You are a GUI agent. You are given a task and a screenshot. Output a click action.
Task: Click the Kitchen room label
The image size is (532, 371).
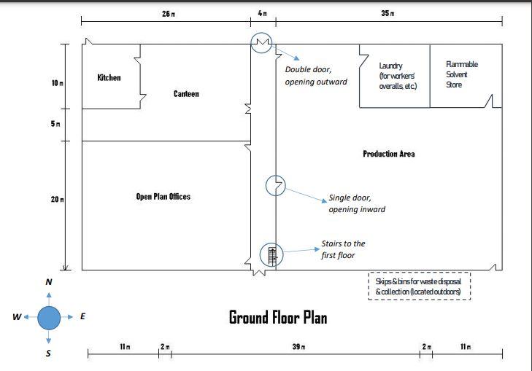click(x=109, y=78)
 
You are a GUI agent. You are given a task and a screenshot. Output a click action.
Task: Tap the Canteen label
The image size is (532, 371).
click(x=186, y=94)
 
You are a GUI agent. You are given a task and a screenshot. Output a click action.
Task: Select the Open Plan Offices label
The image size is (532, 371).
click(x=163, y=197)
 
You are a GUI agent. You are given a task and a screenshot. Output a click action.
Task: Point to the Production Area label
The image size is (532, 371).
click(x=389, y=155)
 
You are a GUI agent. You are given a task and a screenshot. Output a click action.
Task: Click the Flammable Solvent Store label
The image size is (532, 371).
click(x=461, y=74)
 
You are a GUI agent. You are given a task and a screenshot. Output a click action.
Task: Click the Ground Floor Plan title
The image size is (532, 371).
click(x=278, y=317)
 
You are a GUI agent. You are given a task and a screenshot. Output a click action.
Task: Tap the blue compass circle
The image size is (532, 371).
click(x=49, y=318)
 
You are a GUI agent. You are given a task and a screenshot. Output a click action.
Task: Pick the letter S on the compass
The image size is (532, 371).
click(x=49, y=354)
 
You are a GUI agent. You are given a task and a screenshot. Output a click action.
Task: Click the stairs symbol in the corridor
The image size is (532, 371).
click(x=273, y=254)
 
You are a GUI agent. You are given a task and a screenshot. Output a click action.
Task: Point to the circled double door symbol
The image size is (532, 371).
click(x=261, y=42)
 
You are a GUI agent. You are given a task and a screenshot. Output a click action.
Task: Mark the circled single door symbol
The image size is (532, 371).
click(x=275, y=185)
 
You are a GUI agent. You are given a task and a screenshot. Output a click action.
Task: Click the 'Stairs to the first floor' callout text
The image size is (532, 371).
click(x=343, y=249)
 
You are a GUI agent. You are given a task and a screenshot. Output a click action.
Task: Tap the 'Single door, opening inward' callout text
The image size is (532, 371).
click(x=356, y=203)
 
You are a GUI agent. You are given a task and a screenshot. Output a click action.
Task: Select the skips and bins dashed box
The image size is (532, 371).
click(x=418, y=286)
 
